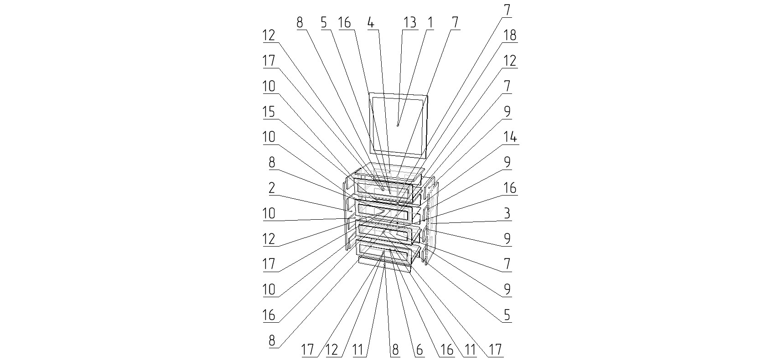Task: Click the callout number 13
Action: tap(410, 22)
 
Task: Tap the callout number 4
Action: tap(372, 22)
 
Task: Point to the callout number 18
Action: tap(510, 35)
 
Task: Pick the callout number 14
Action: tap(510, 137)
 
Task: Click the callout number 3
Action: tap(507, 213)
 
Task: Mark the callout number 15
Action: tap(269, 111)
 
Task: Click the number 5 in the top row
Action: tap(324, 22)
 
